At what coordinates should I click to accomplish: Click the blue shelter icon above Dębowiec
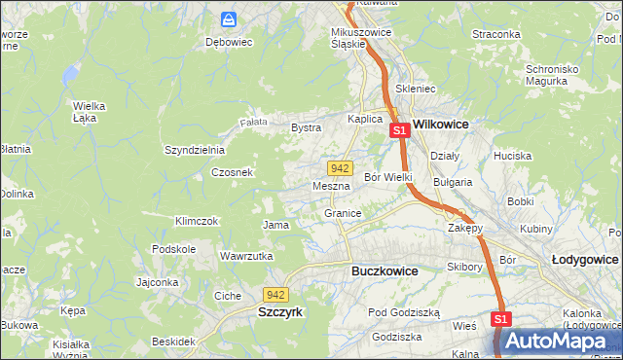229,19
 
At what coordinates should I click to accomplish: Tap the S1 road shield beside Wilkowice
398,130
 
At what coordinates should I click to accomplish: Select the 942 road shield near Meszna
339,168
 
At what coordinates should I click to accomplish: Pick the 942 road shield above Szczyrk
275,294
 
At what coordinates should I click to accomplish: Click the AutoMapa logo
555,341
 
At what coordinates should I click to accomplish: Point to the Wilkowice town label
441,125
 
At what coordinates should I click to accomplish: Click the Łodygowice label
585,260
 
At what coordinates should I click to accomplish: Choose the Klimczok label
196,221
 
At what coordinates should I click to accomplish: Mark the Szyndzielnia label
195,150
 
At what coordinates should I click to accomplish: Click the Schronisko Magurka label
560,76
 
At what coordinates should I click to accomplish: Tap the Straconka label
496,34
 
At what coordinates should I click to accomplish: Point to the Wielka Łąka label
89,112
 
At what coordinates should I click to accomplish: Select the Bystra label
307,127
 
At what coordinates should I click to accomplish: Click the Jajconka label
158,283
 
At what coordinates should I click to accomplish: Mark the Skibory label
465,267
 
